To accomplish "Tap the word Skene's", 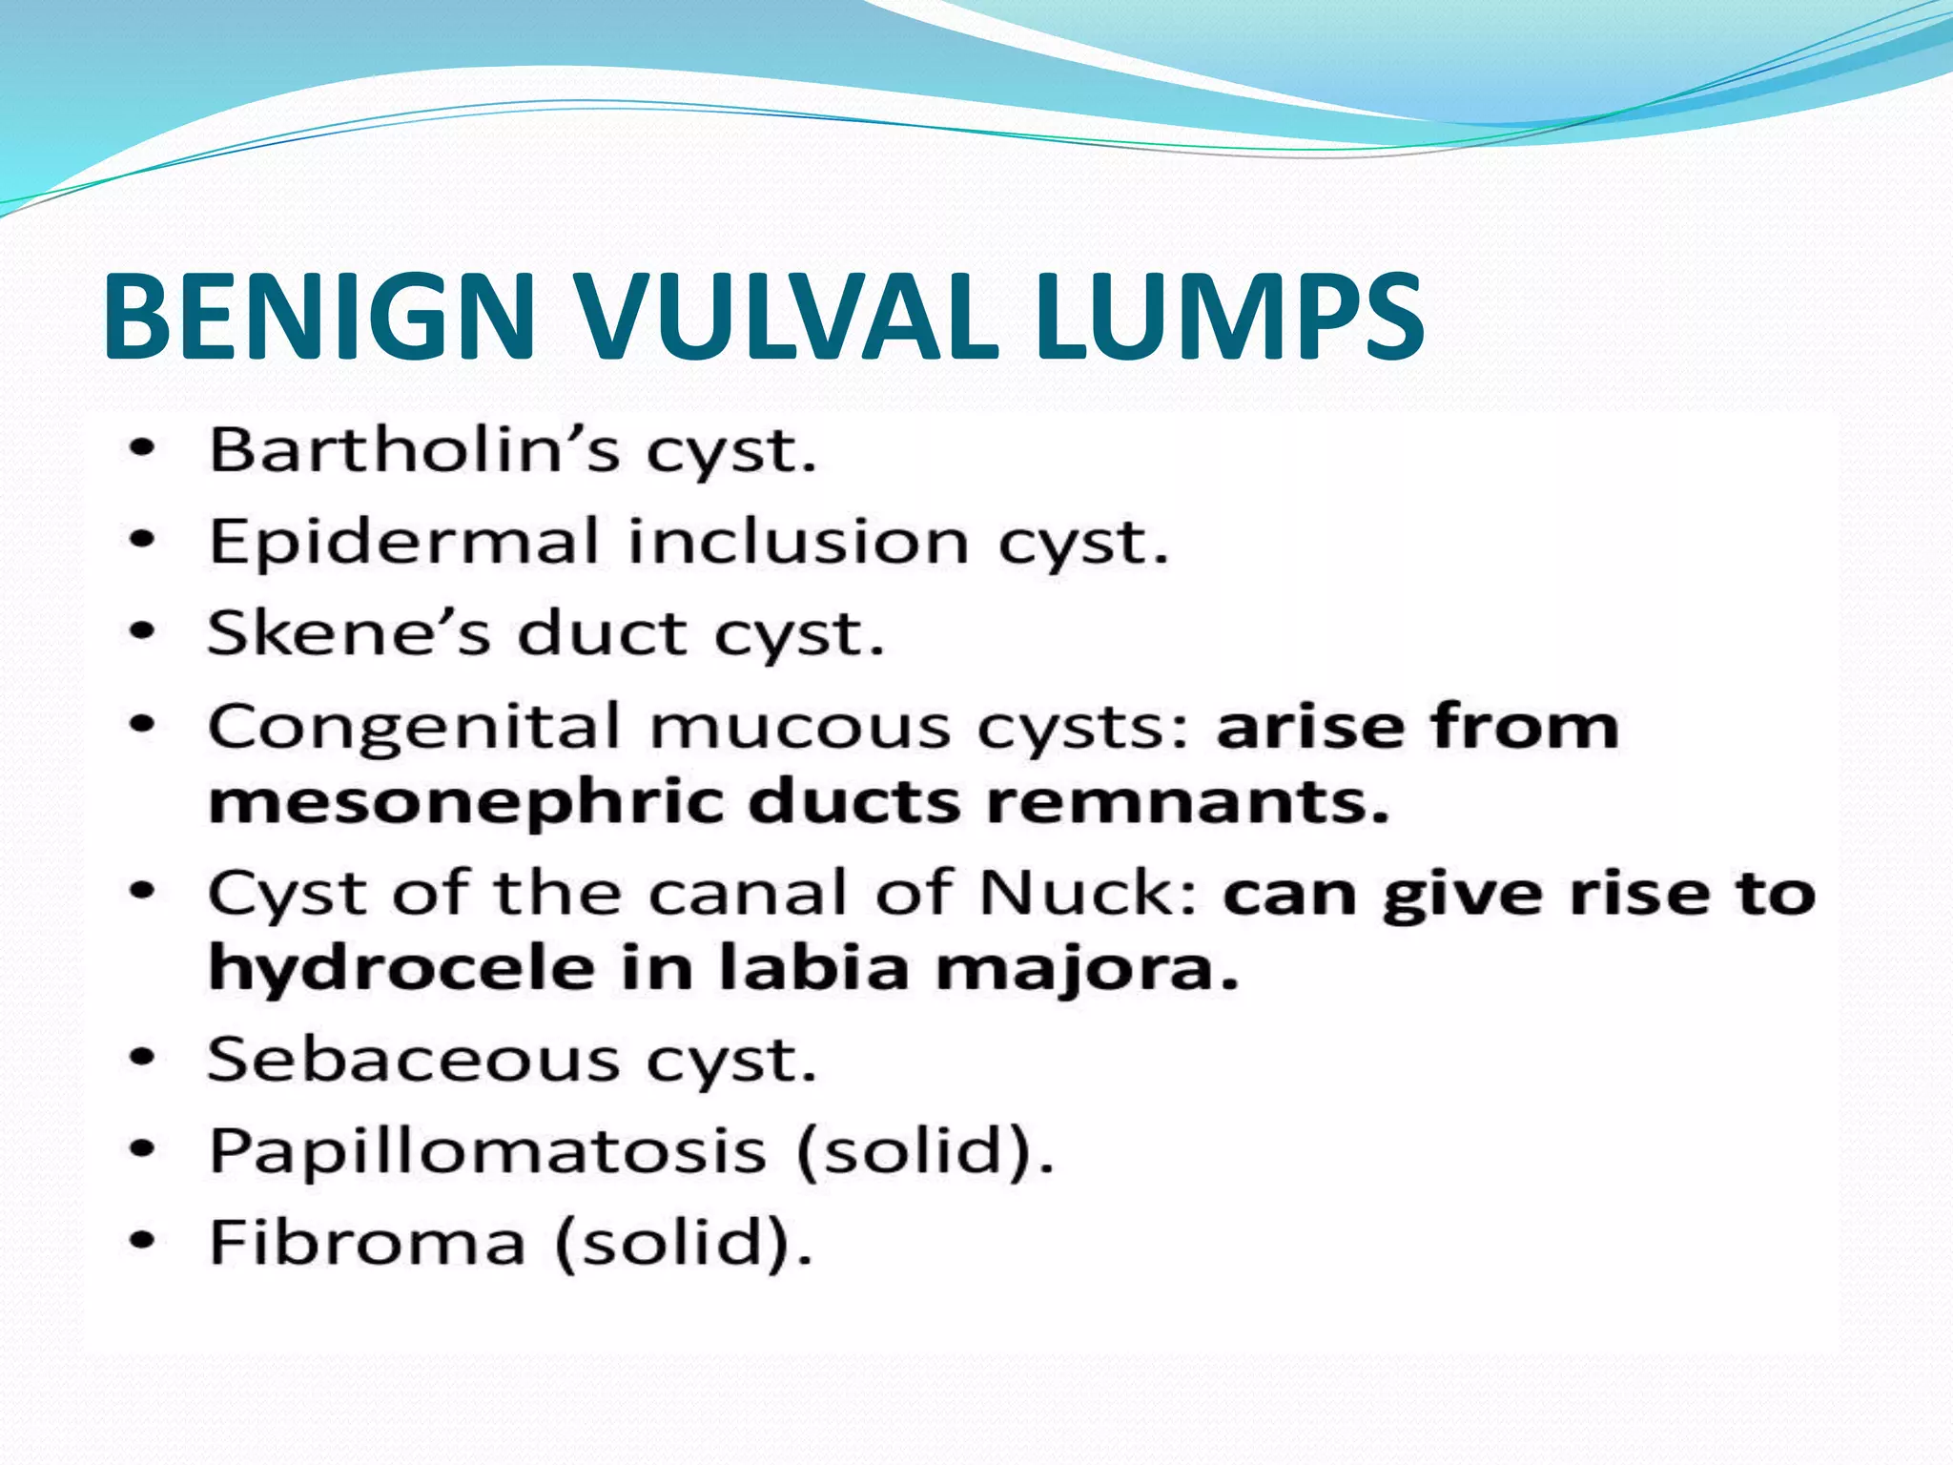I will click(349, 632).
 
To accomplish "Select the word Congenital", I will click(415, 727).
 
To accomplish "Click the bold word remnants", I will click(1186, 802).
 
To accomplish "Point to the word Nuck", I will click(1087, 894).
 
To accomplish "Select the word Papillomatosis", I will click(487, 1150).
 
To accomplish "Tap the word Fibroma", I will click(367, 1242).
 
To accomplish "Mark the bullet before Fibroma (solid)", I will click(142, 1241).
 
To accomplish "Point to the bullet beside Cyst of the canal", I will click(142, 893).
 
